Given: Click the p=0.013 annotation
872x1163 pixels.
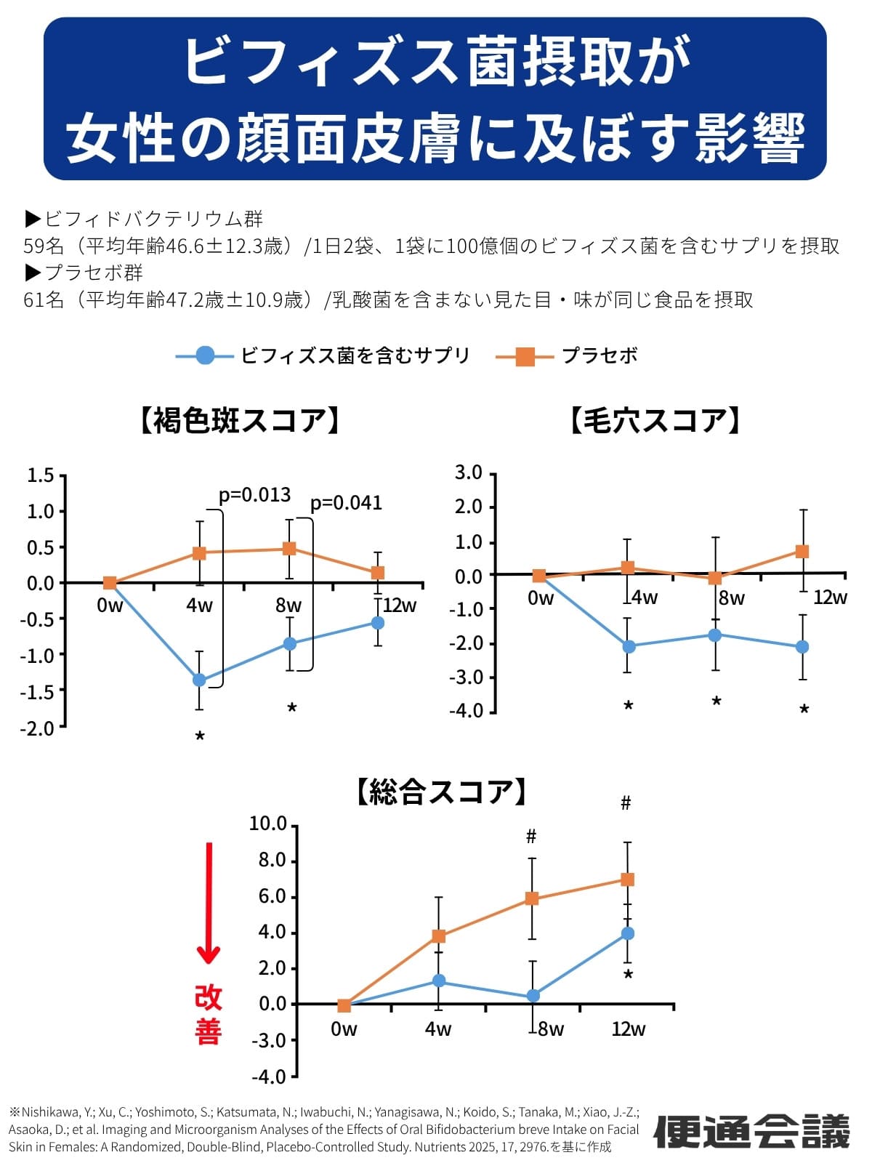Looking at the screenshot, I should [254, 495].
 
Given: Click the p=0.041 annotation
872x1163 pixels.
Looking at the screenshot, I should [346, 503].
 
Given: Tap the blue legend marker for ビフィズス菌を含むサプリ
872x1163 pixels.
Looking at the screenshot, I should [206, 355].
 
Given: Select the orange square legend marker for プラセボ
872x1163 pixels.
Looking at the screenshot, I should [525, 356].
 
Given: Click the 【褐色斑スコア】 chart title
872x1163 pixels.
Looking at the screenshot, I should [239, 421].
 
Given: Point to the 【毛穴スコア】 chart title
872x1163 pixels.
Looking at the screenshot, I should [655, 421].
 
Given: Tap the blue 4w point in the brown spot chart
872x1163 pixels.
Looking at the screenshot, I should [199, 680].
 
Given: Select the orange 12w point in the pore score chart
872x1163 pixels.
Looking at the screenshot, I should [802, 551].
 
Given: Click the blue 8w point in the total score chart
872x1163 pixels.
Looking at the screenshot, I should [533, 996].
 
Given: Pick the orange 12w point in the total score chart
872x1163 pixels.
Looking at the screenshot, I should [627, 880].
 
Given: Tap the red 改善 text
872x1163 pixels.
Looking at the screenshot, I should [208, 1015].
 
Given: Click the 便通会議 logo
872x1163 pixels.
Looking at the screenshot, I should [752, 1131].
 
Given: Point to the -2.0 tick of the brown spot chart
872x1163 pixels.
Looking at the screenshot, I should [41, 728].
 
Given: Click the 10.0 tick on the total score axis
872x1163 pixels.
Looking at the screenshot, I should [268, 824].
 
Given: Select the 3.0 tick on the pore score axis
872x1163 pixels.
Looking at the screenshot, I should [468, 473].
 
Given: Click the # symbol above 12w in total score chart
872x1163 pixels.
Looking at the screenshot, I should [626, 803].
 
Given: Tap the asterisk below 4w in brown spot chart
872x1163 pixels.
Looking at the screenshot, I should [200, 736].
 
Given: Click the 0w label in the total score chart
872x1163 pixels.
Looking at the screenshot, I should [344, 1029].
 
